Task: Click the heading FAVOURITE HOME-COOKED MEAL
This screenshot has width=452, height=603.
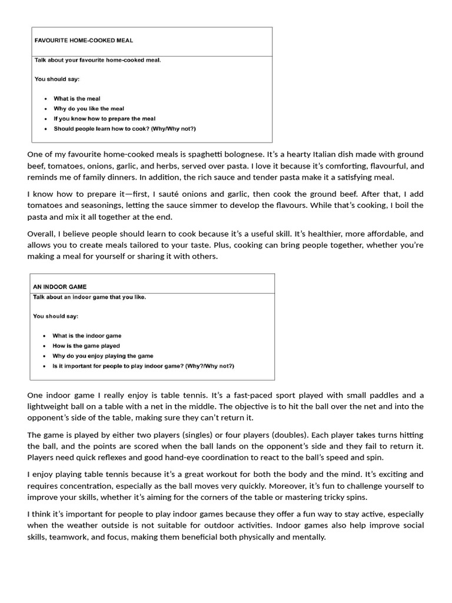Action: [84, 41]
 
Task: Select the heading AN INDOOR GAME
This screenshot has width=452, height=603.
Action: [59, 287]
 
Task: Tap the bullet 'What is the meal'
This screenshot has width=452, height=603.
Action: [77, 99]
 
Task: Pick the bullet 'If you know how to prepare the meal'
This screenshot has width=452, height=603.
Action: [104, 118]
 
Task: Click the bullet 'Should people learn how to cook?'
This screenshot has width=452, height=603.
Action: [124, 128]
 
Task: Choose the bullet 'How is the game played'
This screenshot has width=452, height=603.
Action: [86, 346]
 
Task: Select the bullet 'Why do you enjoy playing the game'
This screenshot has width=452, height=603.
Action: [102, 356]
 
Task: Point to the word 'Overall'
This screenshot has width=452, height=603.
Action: [41, 234]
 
